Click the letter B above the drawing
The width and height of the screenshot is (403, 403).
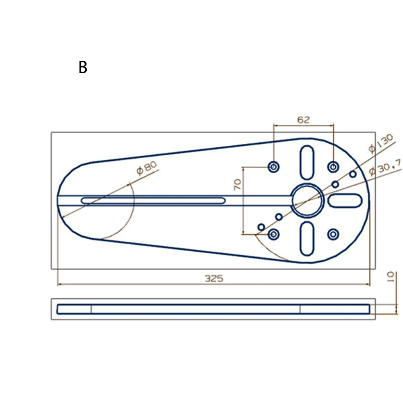[83, 67]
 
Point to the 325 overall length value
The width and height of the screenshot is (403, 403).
[214, 278]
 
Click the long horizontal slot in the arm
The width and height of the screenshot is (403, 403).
[153, 200]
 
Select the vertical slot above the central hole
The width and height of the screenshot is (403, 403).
[308, 161]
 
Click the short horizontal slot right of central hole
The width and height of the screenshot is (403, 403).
[345, 200]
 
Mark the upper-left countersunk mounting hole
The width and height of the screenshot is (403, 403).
[274, 166]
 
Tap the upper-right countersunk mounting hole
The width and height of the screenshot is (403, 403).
[333, 166]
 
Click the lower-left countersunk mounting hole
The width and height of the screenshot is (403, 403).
[274, 234]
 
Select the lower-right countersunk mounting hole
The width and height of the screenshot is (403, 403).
[333, 234]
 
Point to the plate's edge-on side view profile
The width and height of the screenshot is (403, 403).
[213, 309]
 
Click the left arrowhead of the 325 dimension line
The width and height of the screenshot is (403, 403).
[60, 284]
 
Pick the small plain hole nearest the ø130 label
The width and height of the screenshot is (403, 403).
[353, 174]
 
